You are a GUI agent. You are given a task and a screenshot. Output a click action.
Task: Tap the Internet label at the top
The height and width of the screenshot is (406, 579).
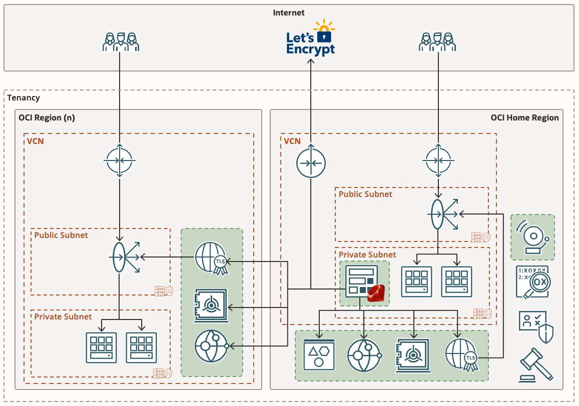coord(289,12)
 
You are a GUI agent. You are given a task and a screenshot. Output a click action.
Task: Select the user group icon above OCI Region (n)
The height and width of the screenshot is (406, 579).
coord(120,42)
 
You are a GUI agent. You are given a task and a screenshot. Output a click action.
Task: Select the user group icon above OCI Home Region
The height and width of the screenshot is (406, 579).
coord(438,42)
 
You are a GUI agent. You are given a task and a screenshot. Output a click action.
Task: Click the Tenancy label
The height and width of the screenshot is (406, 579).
coord(24,97)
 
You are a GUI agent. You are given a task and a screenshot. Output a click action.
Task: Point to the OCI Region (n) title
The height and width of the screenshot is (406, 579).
coord(48,118)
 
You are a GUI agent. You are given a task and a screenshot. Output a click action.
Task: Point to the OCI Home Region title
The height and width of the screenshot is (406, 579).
coord(524,118)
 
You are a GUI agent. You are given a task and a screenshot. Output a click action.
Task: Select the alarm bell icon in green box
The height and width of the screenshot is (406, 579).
coord(532,237)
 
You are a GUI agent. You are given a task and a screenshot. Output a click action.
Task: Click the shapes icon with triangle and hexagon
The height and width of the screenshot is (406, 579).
coord(319,355)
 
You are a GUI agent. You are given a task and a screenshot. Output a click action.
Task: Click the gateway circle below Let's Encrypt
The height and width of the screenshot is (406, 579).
coord(311,163)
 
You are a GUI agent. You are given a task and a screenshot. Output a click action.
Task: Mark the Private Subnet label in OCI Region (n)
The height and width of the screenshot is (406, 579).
coord(63,316)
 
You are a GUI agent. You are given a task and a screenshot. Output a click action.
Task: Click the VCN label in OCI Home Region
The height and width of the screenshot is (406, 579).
coord(292,141)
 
